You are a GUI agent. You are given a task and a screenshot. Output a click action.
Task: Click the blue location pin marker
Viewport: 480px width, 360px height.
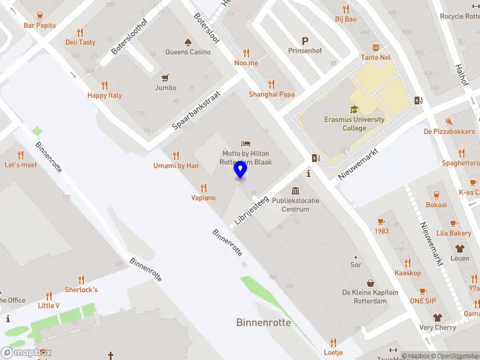240,170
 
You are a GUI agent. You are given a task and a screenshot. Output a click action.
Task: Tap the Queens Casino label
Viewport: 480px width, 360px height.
188,52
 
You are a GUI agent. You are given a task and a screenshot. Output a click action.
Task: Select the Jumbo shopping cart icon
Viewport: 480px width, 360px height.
166,78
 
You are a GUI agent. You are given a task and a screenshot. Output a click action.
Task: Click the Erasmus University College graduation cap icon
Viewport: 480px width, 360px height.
354,110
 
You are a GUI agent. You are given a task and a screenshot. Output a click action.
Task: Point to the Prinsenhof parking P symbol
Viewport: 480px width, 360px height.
305,41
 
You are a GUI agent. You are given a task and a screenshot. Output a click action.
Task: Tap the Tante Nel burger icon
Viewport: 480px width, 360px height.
376,47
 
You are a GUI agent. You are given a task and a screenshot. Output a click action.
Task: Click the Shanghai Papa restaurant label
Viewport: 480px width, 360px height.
271,94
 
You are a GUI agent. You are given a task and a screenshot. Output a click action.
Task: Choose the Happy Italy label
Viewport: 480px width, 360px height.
104,95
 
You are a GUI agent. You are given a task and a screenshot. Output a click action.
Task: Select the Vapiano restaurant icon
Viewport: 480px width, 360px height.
203,188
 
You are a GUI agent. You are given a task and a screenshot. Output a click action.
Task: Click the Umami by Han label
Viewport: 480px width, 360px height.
176,166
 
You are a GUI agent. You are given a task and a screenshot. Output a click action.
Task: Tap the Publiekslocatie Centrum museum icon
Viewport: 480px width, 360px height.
295,190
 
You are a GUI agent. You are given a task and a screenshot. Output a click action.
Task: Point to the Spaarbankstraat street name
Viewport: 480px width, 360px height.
196,110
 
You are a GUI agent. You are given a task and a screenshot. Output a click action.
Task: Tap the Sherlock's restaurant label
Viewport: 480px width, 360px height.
81,290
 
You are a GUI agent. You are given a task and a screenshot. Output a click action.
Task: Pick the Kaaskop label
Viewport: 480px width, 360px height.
407,273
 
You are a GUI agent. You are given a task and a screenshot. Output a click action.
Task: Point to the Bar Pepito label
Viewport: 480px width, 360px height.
40,26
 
